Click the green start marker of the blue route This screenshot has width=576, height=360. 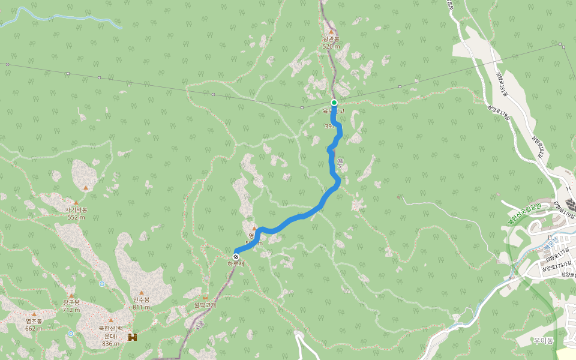[x=334, y=103]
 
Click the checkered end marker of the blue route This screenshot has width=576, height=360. [x=236, y=256]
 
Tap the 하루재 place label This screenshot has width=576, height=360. [x=236, y=263]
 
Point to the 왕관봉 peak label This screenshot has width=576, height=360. [x=331, y=39]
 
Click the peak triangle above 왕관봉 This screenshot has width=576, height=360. [x=331, y=32]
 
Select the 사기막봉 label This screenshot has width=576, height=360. [x=76, y=210]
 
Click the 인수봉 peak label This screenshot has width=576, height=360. [x=142, y=300]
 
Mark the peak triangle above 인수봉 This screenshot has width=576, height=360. [x=142, y=293]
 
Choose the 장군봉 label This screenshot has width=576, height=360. [x=71, y=303]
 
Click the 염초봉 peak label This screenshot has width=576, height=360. [x=34, y=321]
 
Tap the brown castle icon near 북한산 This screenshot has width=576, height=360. [x=132, y=338]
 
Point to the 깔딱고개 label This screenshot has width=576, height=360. [x=205, y=305]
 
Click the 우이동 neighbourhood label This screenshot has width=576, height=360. [x=543, y=341]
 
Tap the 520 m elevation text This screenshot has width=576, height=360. [x=331, y=46]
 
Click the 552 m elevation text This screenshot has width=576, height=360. [x=76, y=217]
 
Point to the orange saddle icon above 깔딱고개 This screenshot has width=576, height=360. [x=205, y=298]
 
